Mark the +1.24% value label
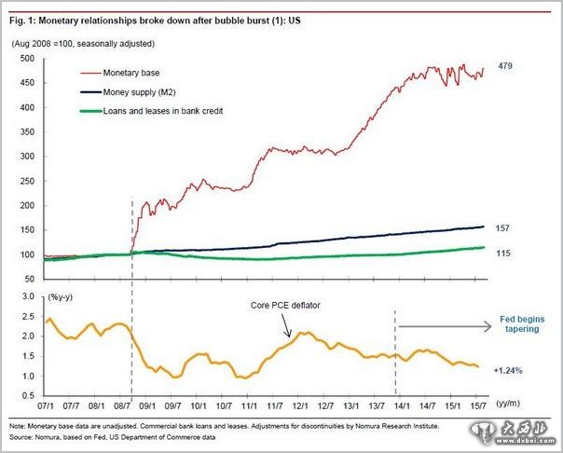pos(508,370)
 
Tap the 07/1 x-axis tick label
pos(45,405)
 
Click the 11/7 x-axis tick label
pos(276,405)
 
